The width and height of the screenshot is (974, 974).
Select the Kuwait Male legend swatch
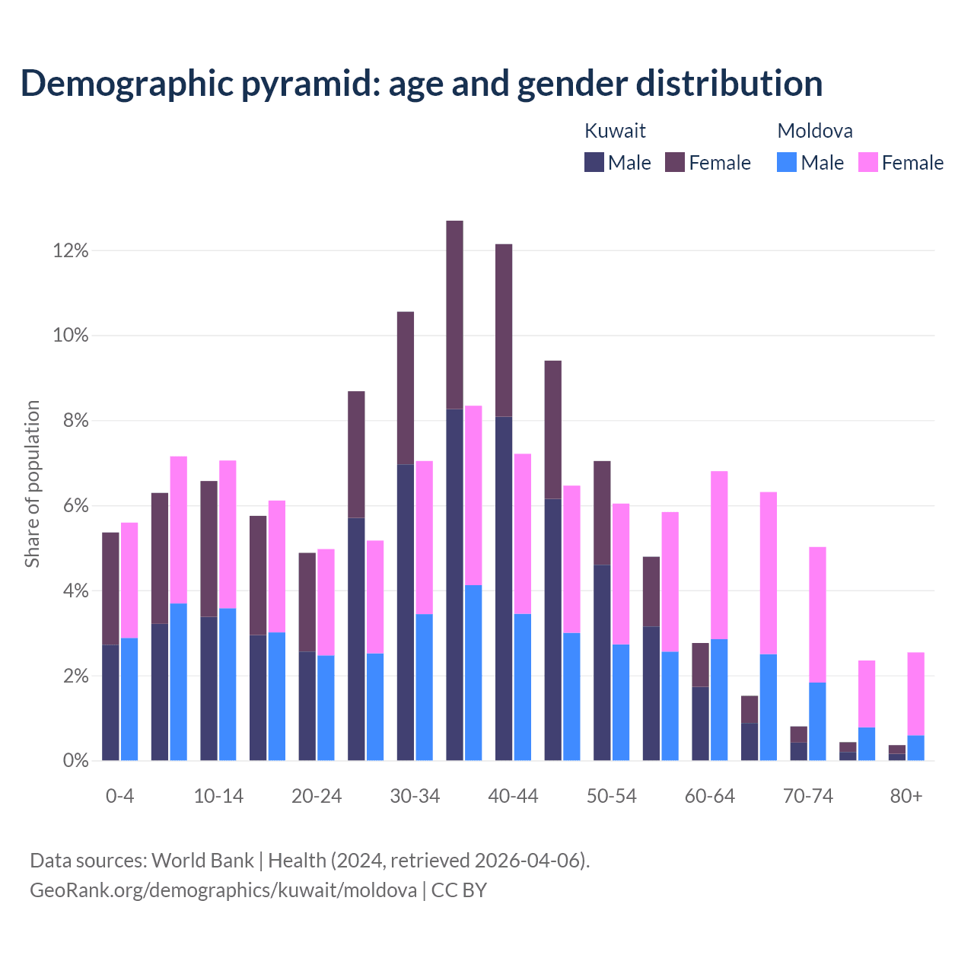click(x=594, y=162)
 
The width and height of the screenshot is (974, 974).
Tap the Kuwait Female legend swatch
click(x=675, y=162)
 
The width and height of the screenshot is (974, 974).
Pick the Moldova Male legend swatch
click(x=787, y=162)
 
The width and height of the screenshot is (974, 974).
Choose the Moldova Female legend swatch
click(x=868, y=162)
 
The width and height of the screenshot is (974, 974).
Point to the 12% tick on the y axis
click(x=71, y=250)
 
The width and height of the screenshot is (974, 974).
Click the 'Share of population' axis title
click(x=32, y=484)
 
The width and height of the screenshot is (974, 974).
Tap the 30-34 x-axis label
click(x=415, y=796)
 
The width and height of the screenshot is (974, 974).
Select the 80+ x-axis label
click(x=906, y=796)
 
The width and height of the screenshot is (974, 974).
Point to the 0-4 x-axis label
click(x=120, y=796)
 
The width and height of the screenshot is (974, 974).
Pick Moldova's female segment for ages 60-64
click(x=719, y=555)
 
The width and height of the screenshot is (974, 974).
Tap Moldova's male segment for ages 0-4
click(x=129, y=699)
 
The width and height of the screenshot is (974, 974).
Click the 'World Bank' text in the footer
click(x=202, y=861)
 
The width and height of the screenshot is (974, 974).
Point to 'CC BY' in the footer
click(x=459, y=890)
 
